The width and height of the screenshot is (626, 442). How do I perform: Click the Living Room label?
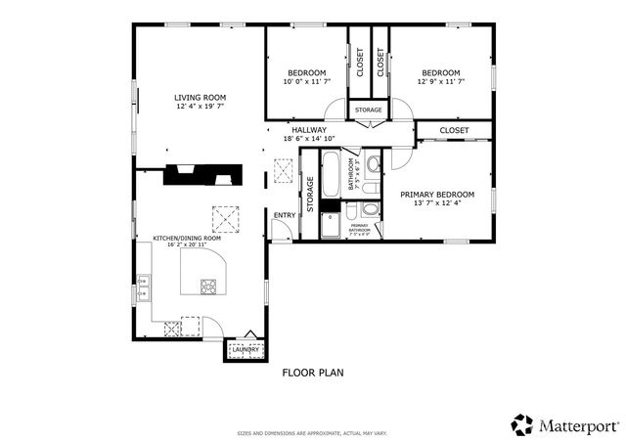(200, 97)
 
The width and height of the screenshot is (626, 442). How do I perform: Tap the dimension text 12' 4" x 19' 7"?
(200, 107)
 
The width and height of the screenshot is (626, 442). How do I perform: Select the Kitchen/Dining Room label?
(187, 238)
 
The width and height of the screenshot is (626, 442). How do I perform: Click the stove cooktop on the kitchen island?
(209, 287)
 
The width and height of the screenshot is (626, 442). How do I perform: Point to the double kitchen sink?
(143, 287)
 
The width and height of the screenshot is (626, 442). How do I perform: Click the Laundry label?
(245, 350)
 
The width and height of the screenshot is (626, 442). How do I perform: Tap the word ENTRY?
(285, 215)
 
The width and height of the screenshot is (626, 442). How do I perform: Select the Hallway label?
(308, 129)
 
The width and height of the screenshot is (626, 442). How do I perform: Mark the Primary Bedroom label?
(437, 195)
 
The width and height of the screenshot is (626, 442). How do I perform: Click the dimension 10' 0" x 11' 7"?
(307, 82)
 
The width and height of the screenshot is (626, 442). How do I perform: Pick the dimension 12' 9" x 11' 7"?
(440, 82)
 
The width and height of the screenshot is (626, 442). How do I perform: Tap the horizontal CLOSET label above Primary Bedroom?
(454, 130)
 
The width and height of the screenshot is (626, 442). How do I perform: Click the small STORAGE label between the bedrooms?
(369, 110)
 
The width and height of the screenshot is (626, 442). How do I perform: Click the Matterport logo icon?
(522, 424)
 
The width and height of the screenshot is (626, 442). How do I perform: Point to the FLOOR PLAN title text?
(313, 373)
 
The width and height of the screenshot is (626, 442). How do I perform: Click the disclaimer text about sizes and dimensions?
(312, 431)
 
